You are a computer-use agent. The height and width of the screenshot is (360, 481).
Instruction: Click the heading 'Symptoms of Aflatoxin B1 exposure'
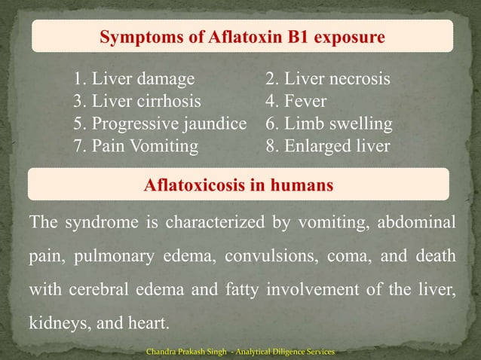click(x=239, y=36)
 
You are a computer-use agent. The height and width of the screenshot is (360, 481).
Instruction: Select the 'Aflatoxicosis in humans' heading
click(x=238, y=185)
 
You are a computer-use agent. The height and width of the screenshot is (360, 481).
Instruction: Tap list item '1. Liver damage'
click(x=133, y=79)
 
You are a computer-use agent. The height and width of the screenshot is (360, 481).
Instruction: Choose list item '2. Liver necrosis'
click(x=327, y=79)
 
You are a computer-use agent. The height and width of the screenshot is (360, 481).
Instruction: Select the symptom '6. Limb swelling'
click(x=329, y=124)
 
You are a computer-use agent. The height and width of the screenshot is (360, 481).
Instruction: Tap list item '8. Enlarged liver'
click(x=327, y=146)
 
